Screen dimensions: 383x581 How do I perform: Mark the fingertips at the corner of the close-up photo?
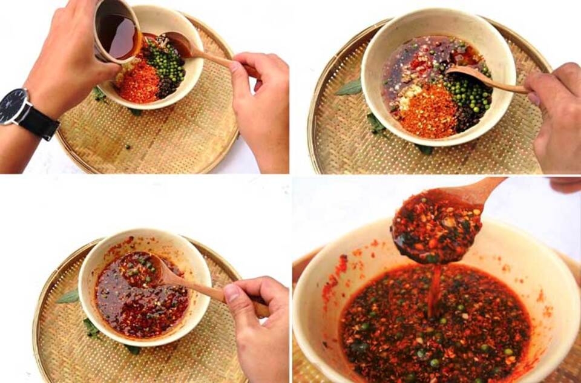click(x=566, y=184)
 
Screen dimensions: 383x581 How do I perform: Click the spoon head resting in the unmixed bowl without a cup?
click(x=463, y=72)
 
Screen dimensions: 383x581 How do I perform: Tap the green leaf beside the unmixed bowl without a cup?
click(x=350, y=88)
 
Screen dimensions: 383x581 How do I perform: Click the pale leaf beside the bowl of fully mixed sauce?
click(x=68, y=297)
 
